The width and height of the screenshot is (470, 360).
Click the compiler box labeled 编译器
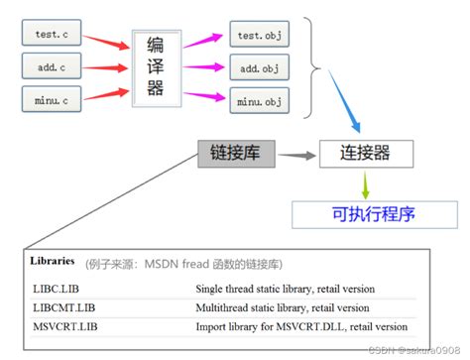tap(156, 67)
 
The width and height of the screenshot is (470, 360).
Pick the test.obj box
tap(260, 35)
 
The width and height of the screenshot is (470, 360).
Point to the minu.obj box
tap(260, 100)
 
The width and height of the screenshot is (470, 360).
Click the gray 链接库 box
tap(236, 153)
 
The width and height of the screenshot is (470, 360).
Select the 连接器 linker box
tap(364, 153)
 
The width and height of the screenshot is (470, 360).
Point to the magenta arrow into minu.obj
tap(207, 96)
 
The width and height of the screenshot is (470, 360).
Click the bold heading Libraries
tap(53, 261)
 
